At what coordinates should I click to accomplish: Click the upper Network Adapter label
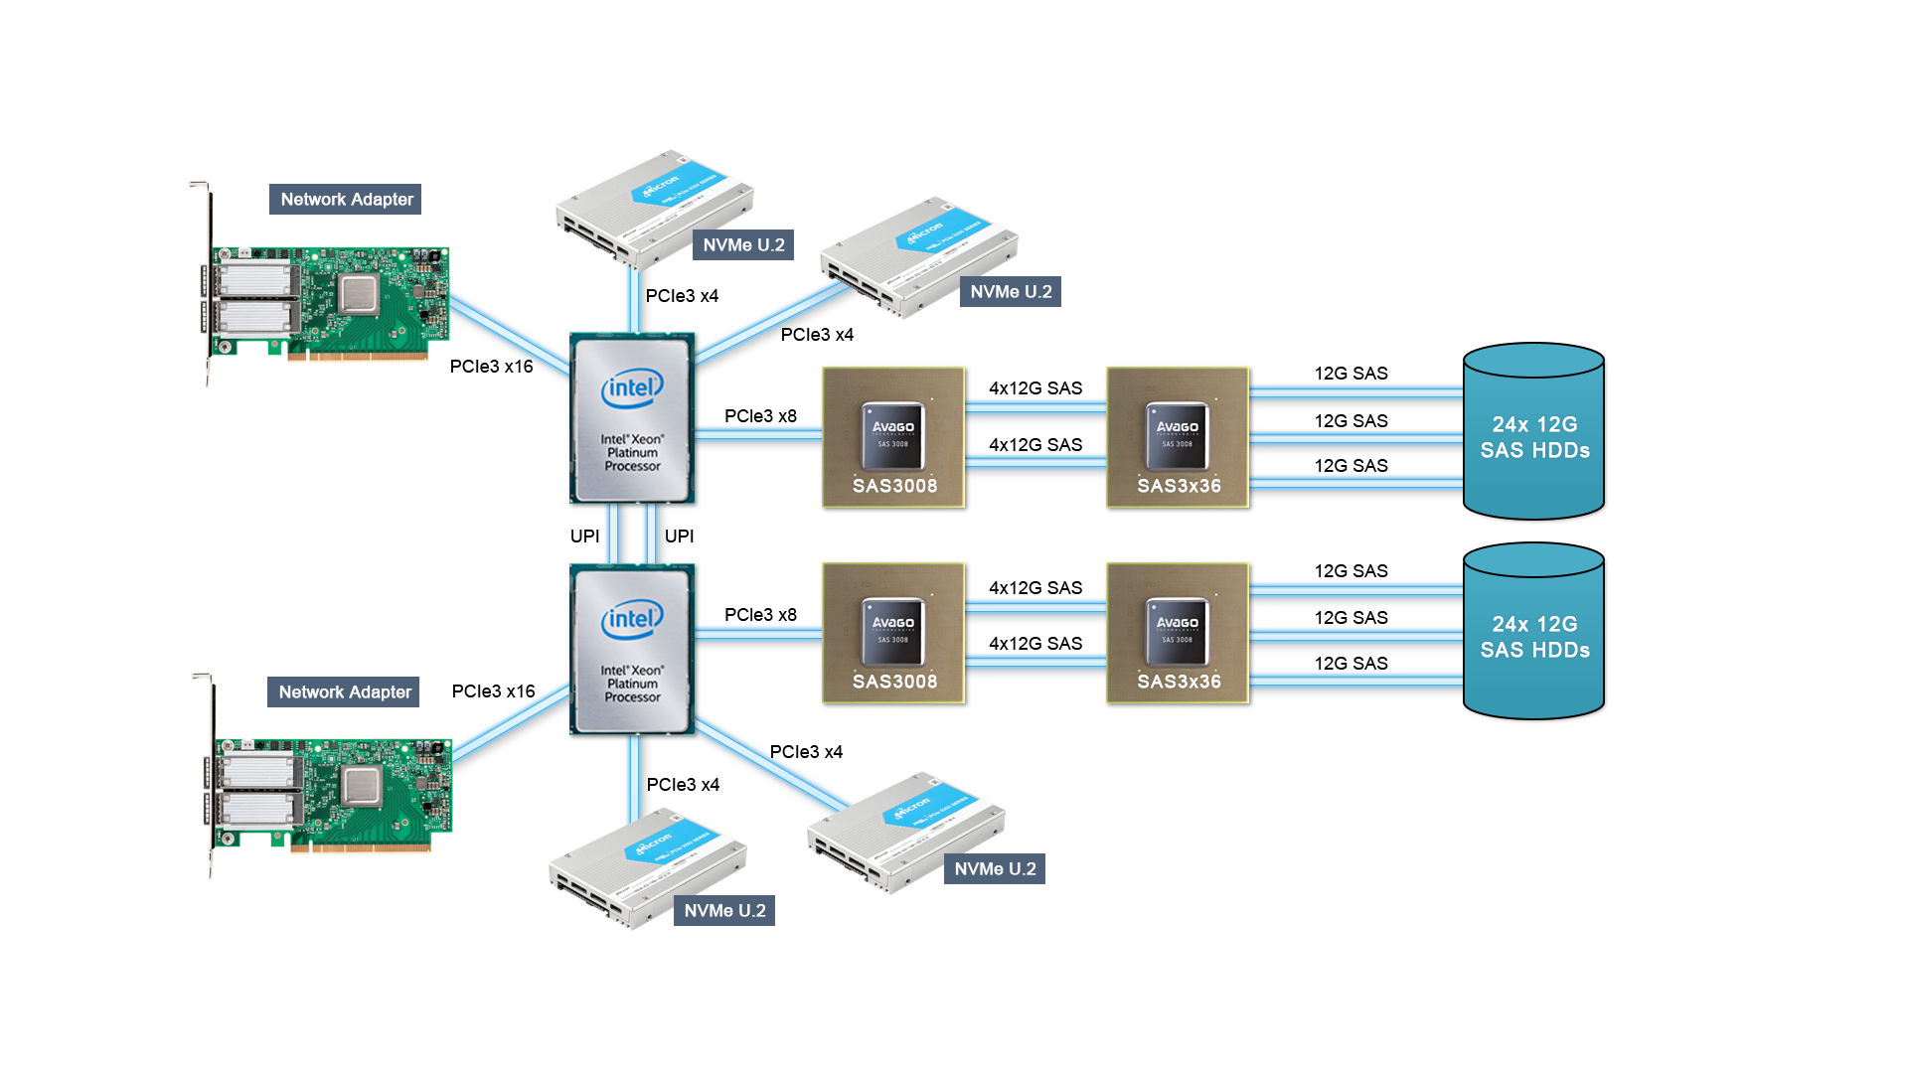click(346, 200)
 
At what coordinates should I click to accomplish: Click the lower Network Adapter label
click(344, 692)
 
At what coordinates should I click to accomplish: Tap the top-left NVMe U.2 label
click(743, 245)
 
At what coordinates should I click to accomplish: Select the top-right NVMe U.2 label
click(1011, 292)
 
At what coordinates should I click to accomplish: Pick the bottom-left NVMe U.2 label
click(724, 911)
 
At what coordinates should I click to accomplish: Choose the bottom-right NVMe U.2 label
click(995, 869)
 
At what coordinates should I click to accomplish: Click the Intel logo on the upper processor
click(632, 388)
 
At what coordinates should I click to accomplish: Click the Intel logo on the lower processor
click(632, 620)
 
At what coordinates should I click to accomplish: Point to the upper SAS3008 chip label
click(894, 486)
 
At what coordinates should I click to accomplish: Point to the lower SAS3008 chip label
click(894, 682)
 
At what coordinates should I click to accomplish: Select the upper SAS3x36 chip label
click(1179, 486)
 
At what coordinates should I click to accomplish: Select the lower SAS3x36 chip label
click(1179, 682)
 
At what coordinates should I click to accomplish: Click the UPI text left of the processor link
click(585, 536)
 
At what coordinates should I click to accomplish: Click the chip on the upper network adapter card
click(358, 294)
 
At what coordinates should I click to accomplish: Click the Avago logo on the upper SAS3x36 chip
click(1178, 427)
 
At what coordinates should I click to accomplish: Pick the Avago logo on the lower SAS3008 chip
click(893, 623)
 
